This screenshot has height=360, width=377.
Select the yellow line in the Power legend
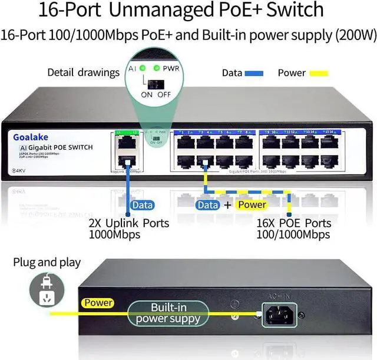pos(319,74)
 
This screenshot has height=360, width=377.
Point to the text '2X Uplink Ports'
pos(128,223)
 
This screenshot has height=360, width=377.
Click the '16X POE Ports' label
pos(294,223)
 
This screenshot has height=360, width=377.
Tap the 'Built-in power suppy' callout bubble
pos(168,314)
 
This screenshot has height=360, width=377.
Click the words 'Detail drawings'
pos(83,73)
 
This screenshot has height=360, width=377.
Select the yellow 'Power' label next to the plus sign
pos(251,205)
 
